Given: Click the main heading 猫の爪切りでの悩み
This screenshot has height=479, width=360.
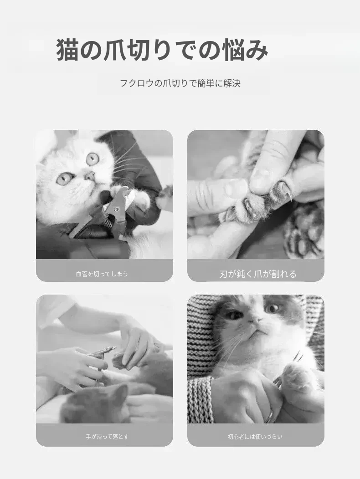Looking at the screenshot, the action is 162,50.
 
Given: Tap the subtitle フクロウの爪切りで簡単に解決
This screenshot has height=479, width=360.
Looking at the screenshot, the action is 180,83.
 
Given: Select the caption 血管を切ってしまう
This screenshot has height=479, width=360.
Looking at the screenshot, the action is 102,274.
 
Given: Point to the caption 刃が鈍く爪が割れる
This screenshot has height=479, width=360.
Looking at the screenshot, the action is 258,274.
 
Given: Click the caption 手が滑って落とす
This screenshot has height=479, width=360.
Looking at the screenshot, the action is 107,437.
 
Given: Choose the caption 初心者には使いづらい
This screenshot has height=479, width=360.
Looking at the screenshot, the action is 255,437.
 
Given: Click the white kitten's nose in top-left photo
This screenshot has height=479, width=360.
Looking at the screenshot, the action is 90,175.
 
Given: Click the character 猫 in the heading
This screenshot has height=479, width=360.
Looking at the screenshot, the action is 67,50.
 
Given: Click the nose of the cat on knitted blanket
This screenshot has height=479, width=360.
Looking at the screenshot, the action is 255,320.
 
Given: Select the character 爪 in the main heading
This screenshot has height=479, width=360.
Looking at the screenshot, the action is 114,50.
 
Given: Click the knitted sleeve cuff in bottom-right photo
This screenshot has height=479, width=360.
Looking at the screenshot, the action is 201,400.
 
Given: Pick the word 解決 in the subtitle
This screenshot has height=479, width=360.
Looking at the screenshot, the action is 232,83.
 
